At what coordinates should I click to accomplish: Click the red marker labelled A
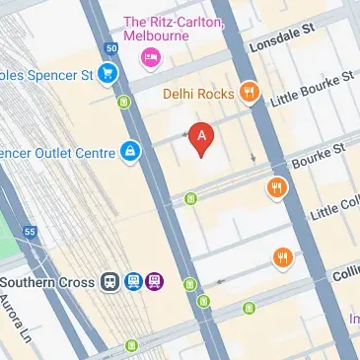[x=202, y=138]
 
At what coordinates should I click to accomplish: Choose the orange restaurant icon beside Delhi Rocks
[x=251, y=94]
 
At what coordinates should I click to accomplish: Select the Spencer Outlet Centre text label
[x=54, y=150]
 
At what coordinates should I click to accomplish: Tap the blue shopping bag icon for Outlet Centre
[x=129, y=150]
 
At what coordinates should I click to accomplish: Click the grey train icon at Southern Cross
[x=111, y=282]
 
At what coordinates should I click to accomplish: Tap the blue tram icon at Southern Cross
[x=133, y=282]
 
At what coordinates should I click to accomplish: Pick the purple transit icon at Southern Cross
[x=154, y=282]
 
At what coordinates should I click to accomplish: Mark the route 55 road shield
[x=30, y=233]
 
